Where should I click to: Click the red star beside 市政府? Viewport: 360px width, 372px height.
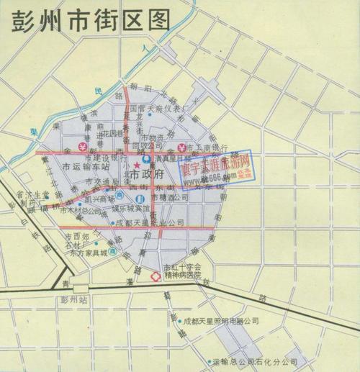pyautogui.click(x=135, y=166)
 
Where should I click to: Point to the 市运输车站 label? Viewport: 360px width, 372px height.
pyautogui.click(x=85, y=167)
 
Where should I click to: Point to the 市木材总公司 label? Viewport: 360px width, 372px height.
pyautogui.click(x=81, y=212)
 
